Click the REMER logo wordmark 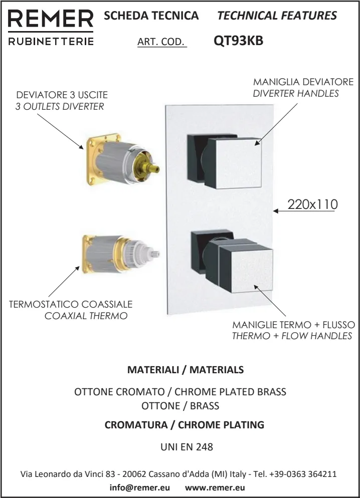(51, 19)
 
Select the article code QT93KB (238, 41)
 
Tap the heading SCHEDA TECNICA (151, 15)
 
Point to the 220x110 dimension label (312, 204)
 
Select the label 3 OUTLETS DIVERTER (60, 106)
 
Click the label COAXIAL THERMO (86, 316)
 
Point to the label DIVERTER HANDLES (296, 93)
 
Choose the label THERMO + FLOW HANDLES (292, 336)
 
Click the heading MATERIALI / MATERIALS (186, 370)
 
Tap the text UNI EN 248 (187, 447)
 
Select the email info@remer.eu (140, 487)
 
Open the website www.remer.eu (215, 487)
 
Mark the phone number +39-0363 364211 (303, 474)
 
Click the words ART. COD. (161, 42)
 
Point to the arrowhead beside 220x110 (276, 211)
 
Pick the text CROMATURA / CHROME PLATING (185, 425)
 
